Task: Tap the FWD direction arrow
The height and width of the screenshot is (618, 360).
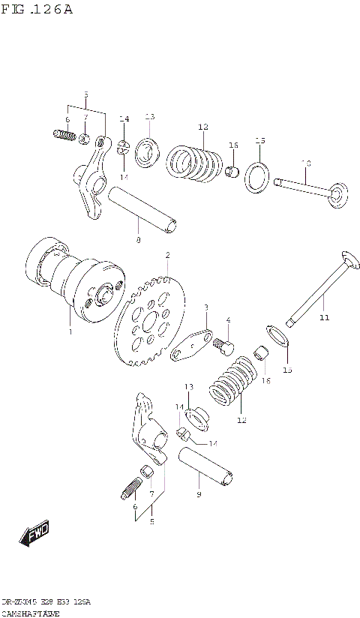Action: click(x=34, y=534)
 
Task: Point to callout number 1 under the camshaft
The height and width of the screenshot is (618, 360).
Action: click(x=70, y=331)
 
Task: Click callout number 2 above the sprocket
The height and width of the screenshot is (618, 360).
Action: click(x=167, y=255)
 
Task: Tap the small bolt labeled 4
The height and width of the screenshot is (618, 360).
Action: click(x=223, y=345)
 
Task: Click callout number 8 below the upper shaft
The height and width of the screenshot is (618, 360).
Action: click(x=137, y=240)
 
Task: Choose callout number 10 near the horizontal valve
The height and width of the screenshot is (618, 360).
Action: click(x=305, y=163)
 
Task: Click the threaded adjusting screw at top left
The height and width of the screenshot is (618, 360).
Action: click(x=66, y=136)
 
